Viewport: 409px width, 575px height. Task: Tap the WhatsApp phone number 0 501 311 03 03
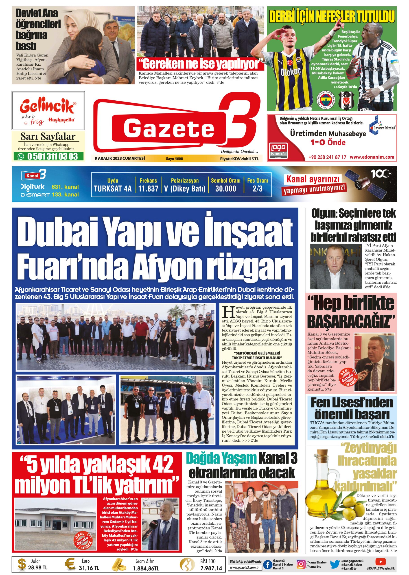tap(52, 156)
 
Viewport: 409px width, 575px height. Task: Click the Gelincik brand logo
tap(48, 107)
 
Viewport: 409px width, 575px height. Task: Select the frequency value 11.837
tap(148, 188)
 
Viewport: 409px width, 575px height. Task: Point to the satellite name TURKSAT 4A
tap(113, 188)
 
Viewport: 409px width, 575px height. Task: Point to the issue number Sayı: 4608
tap(174, 159)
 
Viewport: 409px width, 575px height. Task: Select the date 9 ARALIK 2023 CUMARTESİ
tap(120, 159)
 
